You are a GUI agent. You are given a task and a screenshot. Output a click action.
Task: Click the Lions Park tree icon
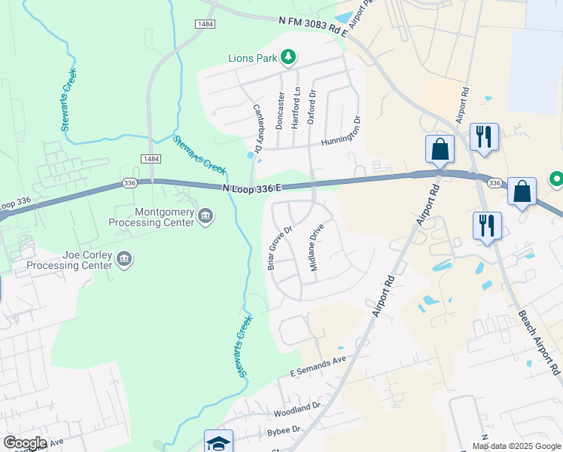[x=287, y=57]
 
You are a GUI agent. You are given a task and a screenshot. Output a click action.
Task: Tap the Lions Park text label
[x=252, y=58]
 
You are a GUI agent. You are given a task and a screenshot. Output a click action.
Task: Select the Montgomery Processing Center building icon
[x=205, y=217]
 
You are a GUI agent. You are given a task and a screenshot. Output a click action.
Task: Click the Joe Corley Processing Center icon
[x=126, y=260]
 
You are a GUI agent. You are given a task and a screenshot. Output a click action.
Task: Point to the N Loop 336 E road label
[x=252, y=188]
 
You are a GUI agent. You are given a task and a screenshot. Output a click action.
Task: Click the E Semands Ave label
[x=318, y=367]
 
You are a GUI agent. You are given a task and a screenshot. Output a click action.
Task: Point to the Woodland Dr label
[x=297, y=409]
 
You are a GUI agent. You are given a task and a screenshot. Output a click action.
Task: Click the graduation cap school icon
[x=218, y=441]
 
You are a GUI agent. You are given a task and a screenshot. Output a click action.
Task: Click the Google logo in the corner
[x=24, y=443]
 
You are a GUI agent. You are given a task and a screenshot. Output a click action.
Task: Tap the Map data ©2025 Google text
[x=516, y=446]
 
